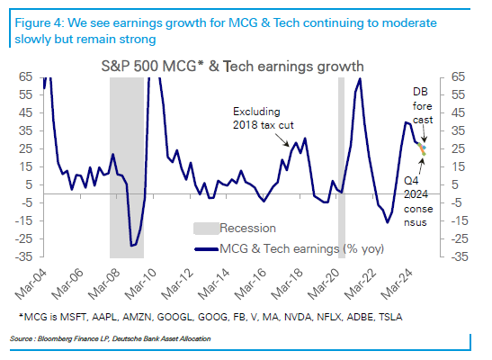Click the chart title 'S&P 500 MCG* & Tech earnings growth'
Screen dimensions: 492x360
tap(232, 67)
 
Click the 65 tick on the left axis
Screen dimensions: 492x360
tap(25, 76)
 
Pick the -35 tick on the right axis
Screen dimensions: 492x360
tap(460, 256)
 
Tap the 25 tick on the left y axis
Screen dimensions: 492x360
tap(25, 148)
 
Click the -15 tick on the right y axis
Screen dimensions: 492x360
tap(460, 220)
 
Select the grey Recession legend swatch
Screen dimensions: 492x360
tap(206, 229)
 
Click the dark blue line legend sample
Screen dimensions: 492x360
tap(206, 249)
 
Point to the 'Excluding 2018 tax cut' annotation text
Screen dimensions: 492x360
tap(263, 118)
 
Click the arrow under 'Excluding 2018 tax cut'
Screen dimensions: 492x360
tap(282, 139)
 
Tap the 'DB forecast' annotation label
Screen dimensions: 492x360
tap(423, 106)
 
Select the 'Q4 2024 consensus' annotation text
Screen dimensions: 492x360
tap(418, 202)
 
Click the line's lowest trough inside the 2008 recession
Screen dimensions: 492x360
tap(131, 246)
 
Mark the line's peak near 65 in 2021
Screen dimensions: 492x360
tap(360, 79)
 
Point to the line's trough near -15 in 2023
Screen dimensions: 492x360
tap(387, 222)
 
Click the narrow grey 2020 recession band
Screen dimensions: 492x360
tap(342, 167)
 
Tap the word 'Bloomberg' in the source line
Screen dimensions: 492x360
tap(52, 338)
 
